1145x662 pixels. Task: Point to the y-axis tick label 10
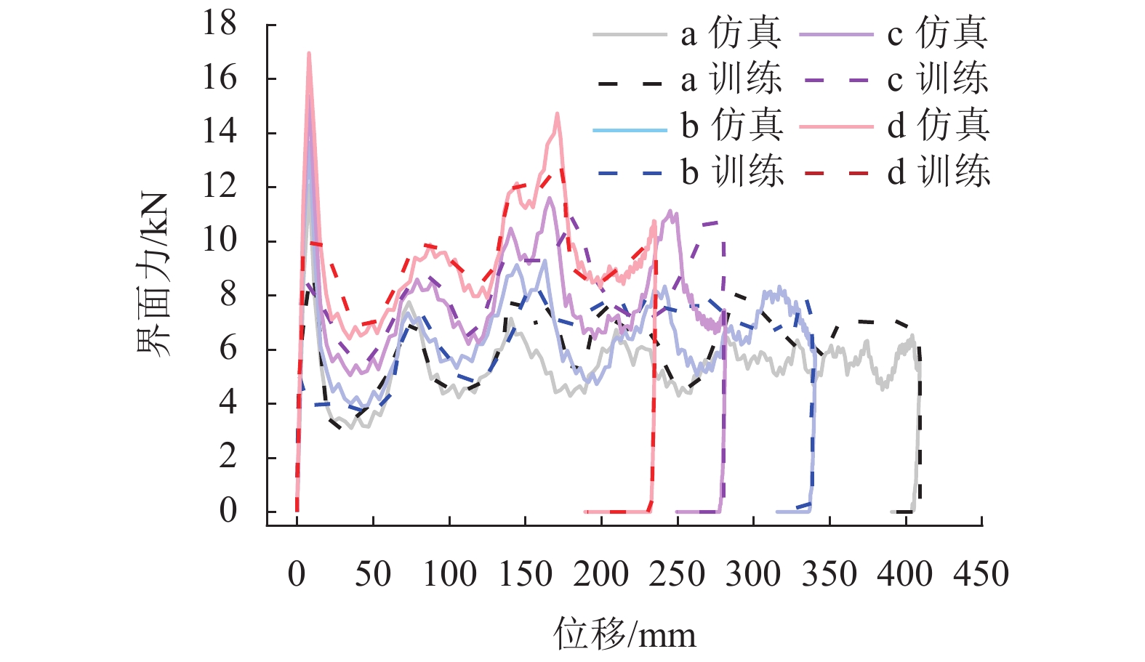[x=220, y=240]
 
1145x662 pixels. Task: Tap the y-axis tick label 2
[x=228, y=456]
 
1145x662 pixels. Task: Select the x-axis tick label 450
[x=981, y=574]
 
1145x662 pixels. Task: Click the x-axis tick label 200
[x=600, y=574]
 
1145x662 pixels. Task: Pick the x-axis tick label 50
[x=372, y=574]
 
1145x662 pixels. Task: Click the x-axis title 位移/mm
[x=625, y=634]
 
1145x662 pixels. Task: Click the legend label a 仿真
[x=731, y=33]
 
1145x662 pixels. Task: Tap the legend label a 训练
[x=731, y=80]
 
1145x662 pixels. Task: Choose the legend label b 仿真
[x=731, y=126]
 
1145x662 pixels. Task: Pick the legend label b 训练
[x=731, y=173]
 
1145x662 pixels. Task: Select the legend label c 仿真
[x=937, y=33]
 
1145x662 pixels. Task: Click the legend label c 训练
[x=937, y=80]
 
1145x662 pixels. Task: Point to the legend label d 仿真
[x=938, y=126]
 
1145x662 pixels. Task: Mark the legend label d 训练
[x=938, y=173]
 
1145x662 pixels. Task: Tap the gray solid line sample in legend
[x=630, y=34]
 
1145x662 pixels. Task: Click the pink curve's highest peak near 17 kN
[x=309, y=53]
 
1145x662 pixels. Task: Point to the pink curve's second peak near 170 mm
[x=557, y=113]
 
